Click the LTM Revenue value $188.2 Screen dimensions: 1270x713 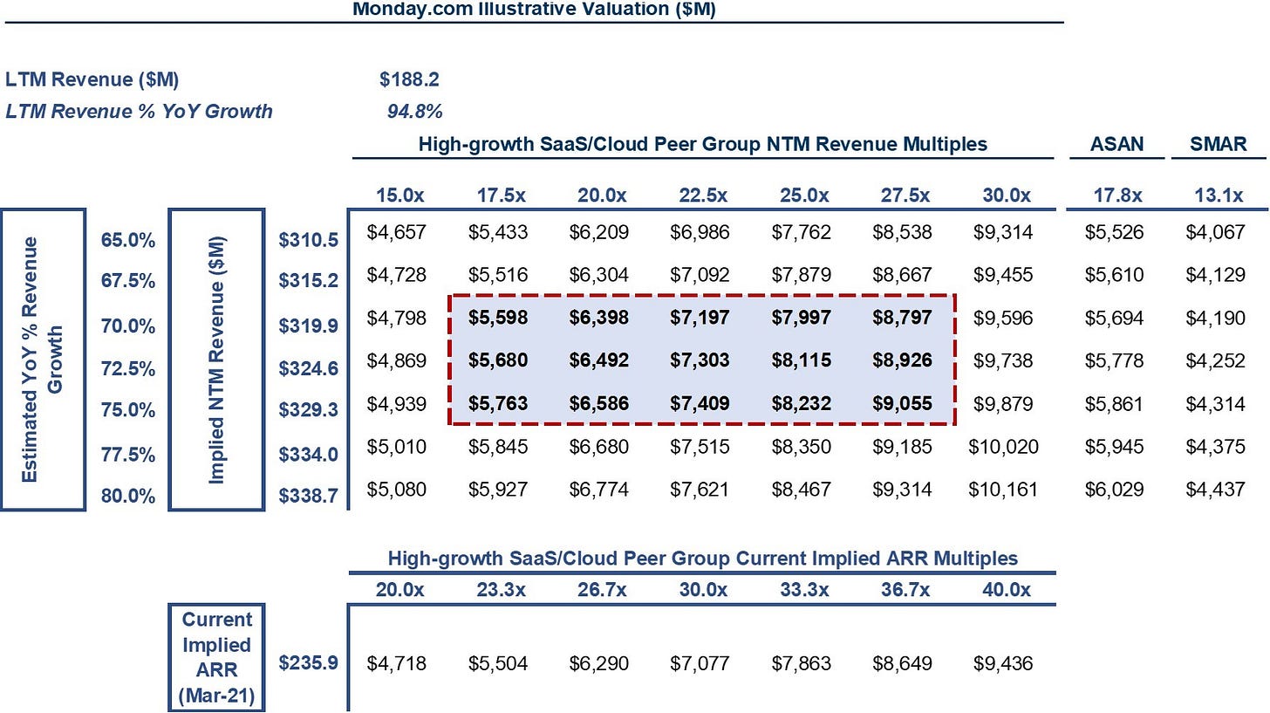(409, 79)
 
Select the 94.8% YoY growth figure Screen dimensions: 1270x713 (414, 111)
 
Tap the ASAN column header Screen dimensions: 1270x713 (1116, 144)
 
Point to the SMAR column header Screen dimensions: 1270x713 (1218, 144)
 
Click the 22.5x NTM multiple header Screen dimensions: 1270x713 (703, 195)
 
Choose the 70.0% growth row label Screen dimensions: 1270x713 (128, 326)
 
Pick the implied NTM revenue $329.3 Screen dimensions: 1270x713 (309, 409)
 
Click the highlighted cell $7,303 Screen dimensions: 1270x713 (700, 360)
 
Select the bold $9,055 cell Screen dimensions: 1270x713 (902, 403)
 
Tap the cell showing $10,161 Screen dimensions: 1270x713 (1003, 490)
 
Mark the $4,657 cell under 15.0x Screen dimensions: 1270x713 (396, 232)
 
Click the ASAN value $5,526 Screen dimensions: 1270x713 (1114, 232)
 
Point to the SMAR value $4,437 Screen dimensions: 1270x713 (1216, 490)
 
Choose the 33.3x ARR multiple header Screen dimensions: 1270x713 (804, 590)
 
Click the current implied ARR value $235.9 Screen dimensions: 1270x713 (309, 662)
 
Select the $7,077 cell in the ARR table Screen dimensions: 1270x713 (700, 663)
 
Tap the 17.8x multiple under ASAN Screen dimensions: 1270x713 (1117, 195)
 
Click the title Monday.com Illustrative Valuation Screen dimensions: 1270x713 (534, 9)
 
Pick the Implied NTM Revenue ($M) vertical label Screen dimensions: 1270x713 (216, 360)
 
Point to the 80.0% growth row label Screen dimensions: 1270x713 (128, 497)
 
